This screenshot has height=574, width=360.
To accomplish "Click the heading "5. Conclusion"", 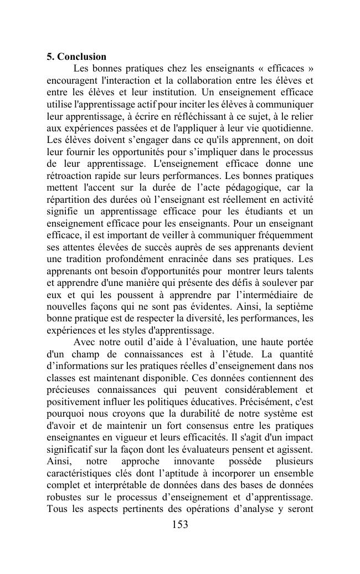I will (76, 57).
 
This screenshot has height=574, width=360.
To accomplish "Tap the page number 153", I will (179, 525).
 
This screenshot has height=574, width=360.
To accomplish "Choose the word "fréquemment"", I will (283, 235).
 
